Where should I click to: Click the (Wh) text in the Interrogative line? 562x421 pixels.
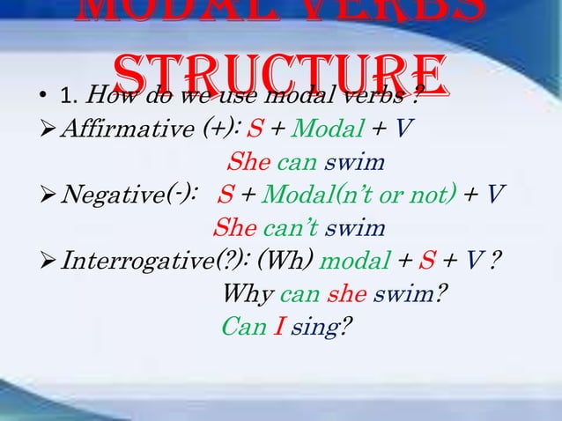(x=286, y=261)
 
